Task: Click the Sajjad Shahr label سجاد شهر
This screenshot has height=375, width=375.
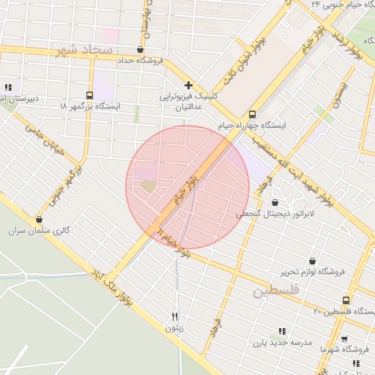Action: coord(83,51)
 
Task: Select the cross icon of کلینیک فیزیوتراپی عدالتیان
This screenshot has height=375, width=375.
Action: coord(188,86)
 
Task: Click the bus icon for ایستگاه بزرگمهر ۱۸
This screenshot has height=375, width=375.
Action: coord(89,95)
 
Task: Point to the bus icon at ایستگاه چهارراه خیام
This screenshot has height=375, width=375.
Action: coord(252,114)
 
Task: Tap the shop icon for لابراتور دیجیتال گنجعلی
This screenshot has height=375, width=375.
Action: coord(275,203)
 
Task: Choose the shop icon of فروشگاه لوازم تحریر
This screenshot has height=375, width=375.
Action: coord(313,261)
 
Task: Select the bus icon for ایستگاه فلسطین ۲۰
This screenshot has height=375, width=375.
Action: coord(346,300)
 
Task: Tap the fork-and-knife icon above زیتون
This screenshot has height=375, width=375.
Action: coord(174,316)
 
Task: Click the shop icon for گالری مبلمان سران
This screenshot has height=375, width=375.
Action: coord(39,219)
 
